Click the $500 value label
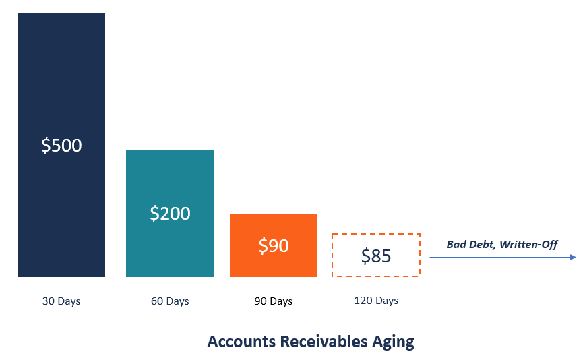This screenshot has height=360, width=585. [x=61, y=145]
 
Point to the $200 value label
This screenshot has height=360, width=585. [x=170, y=213]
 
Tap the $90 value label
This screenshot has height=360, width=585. [x=274, y=246]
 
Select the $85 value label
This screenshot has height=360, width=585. [x=376, y=256]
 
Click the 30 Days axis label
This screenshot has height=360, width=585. [x=61, y=301]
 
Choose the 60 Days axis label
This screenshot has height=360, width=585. [x=170, y=301]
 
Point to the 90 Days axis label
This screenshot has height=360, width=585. [x=274, y=301]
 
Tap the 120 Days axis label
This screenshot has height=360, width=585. [x=376, y=301]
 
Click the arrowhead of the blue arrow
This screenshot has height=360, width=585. [x=573, y=257]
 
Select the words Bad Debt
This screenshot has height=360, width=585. [x=470, y=244]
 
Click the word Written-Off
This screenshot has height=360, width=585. [x=529, y=244]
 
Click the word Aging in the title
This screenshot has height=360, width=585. [x=394, y=342]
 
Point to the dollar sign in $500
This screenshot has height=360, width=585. [x=46, y=145]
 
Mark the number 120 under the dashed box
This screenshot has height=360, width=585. [x=363, y=301]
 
